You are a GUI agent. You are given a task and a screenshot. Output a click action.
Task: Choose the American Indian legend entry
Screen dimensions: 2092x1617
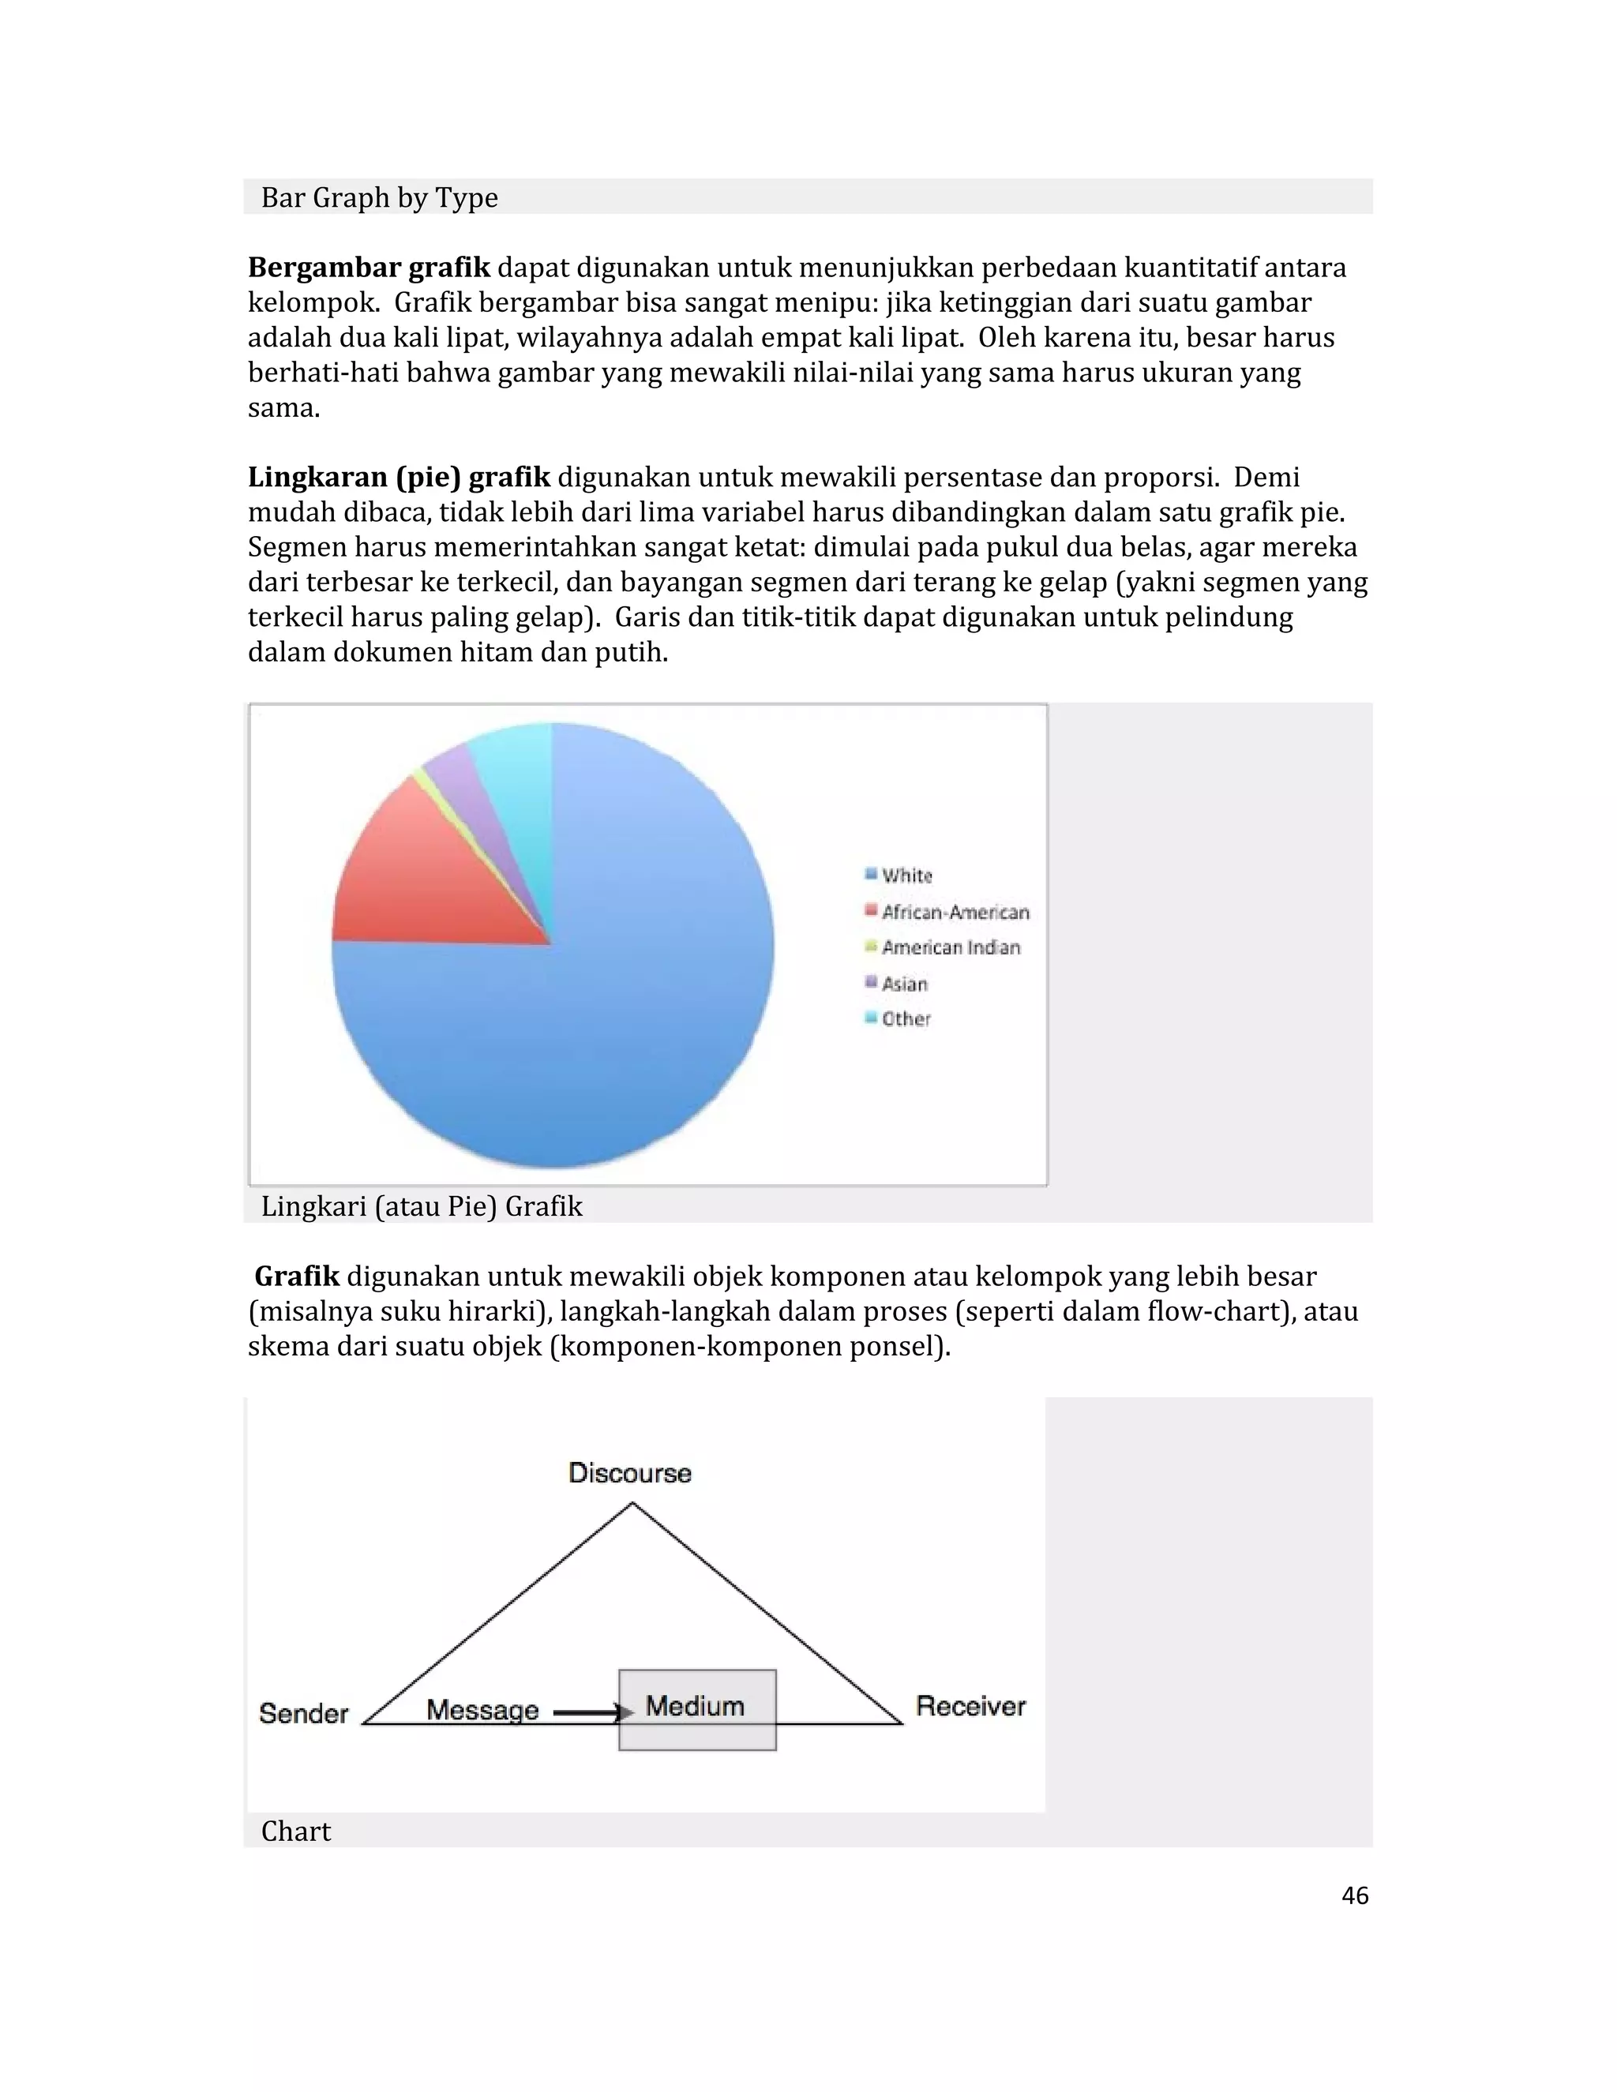(943, 947)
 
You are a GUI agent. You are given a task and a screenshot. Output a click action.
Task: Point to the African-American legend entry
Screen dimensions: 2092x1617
(947, 912)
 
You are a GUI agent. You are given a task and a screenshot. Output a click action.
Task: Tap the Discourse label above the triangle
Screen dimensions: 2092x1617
(629, 1472)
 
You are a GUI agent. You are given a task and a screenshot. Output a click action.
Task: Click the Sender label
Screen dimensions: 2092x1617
(304, 1713)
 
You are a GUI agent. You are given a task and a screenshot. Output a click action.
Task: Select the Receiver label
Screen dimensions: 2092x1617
(970, 1705)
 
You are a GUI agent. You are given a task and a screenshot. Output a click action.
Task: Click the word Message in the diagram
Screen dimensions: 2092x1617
(482, 1710)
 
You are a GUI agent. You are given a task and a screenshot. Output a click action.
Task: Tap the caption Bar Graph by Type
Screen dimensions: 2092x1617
(379, 197)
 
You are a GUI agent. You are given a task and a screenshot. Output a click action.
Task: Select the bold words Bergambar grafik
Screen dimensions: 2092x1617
(369, 268)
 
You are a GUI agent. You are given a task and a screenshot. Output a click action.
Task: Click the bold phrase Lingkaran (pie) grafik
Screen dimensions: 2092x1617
(399, 477)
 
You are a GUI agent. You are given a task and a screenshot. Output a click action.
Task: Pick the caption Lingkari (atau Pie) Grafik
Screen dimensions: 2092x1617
(422, 1206)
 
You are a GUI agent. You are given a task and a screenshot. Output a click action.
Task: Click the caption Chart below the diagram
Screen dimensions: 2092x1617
(296, 1831)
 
